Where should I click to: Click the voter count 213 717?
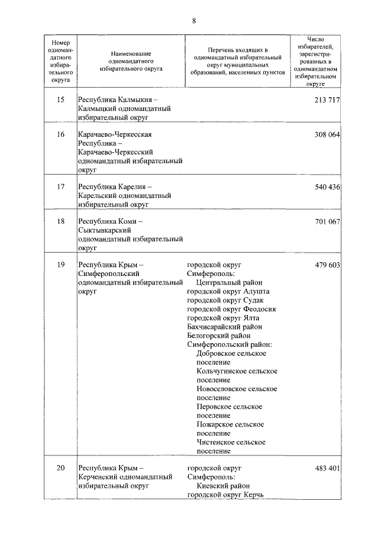pyautogui.click(x=327, y=99)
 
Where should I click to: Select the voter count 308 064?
pyautogui.click(x=327, y=134)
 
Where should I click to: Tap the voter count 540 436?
pyautogui.click(x=327, y=187)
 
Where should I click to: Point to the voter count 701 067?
pyautogui.click(x=327, y=222)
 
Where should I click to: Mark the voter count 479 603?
pyautogui.click(x=327, y=265)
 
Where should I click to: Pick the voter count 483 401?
pyautogui.click(x=327, y=467)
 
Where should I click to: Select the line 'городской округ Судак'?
pyautogui.click(x=225, y=300)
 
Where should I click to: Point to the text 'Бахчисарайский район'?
pyautogui.click(x=224, y=327)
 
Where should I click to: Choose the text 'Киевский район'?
pyautogui.click(x=221, y=486)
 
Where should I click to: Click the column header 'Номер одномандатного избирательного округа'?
pyautogui.click(x=61, y=61)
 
